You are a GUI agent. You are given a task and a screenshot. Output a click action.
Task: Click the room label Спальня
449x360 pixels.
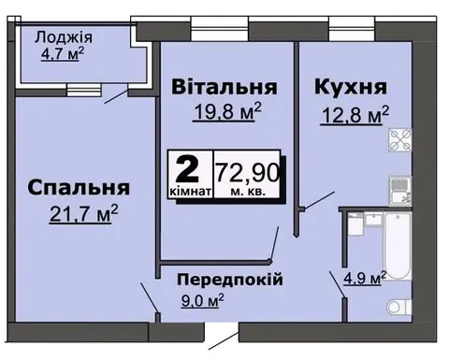click(x=79, y=188)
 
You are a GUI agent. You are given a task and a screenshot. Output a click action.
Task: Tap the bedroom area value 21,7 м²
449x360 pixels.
click(x=83, y=213)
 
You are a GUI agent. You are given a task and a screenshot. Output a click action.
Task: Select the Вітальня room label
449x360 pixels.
click(x=224, y=87)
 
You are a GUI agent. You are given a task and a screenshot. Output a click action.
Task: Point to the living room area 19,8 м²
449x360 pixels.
click(x=227, y=111)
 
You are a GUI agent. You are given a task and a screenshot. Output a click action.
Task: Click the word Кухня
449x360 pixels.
click(x=351, y=87)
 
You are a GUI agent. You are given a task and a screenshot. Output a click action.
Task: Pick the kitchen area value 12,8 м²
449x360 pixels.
click(x=355, y=115)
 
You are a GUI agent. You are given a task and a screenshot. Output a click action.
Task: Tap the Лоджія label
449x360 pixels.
click(x=64, y=38)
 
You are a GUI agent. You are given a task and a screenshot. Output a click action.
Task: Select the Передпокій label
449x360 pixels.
click(x=230, y=280)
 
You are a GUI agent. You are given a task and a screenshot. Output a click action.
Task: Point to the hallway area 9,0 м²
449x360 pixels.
click(x=202, y=300)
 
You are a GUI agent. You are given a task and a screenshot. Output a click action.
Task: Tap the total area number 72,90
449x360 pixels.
click(x=248, y=173)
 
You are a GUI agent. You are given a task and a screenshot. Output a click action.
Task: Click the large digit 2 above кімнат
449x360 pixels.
click(x=187, y=169)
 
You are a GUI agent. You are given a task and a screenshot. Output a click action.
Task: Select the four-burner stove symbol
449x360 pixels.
click(x=400, y=139)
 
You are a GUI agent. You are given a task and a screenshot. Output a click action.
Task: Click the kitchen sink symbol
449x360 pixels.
click(x=400, y=191)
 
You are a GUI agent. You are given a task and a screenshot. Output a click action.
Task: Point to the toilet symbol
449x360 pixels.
click(x=398, y=307)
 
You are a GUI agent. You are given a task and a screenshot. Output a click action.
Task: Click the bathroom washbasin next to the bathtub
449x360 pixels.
click(x=373, y=220)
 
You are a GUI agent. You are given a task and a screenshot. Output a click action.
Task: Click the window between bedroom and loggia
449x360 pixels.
click(x=84, y=90)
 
